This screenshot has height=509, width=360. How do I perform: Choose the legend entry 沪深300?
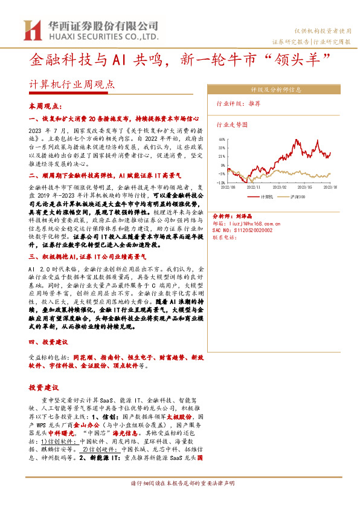click(x=302, y=196)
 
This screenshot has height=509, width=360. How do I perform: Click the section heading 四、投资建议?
click(x=45, y=342)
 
